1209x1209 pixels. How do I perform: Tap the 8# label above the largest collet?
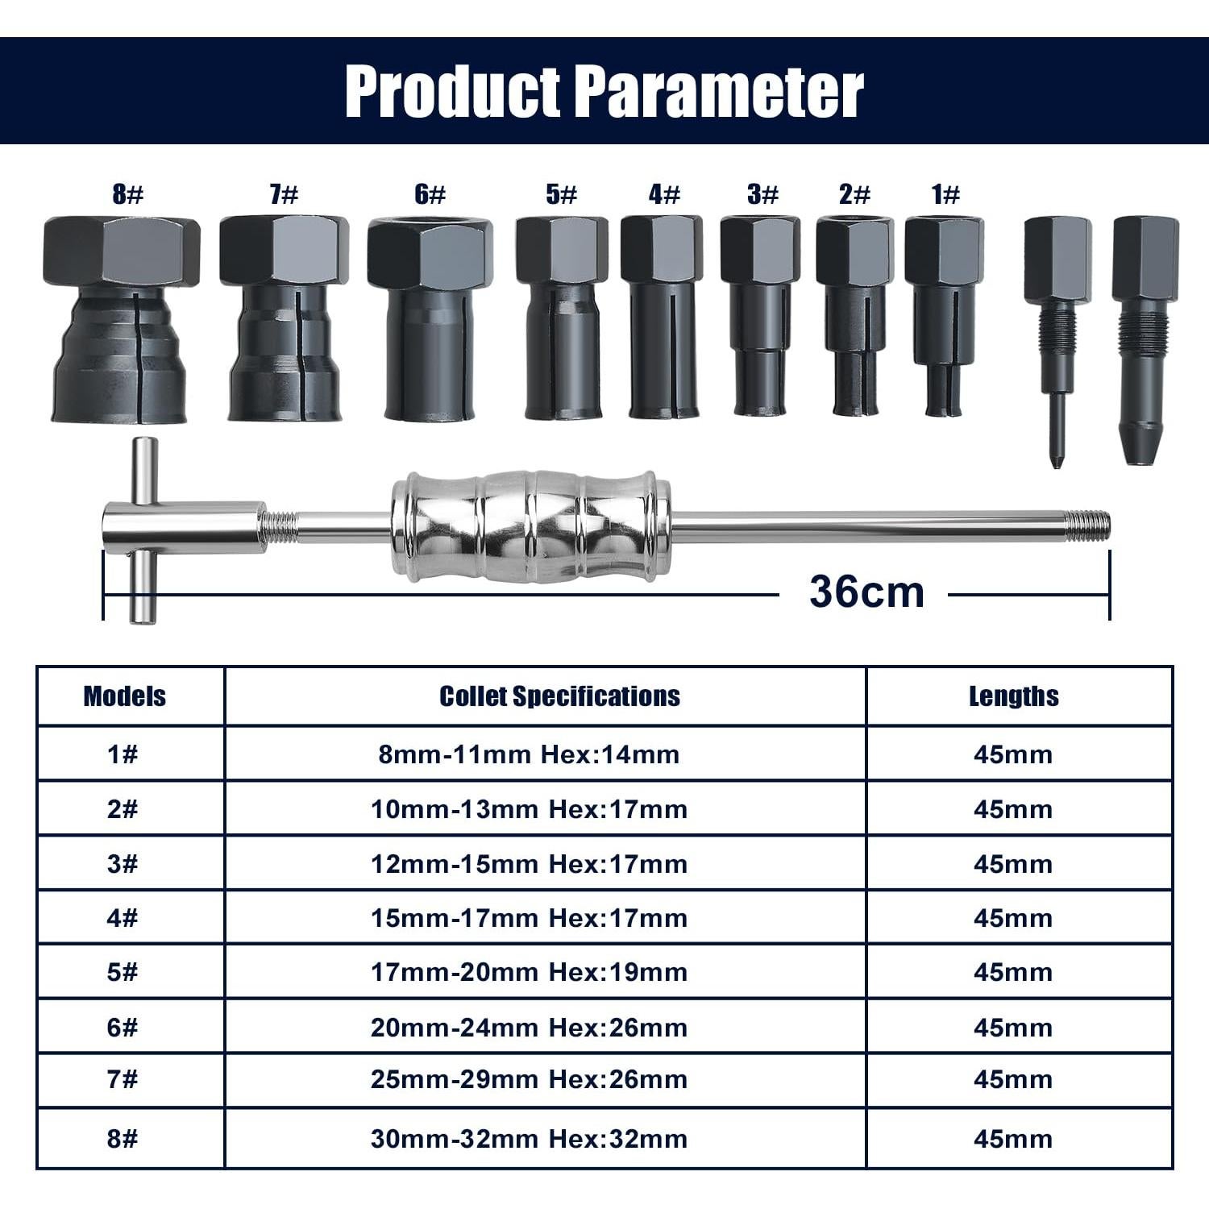127,194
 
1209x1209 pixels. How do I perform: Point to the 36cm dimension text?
866,592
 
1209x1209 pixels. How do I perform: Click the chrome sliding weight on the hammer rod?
530,528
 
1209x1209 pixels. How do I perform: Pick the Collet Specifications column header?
559,696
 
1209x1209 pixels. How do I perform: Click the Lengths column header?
1013,696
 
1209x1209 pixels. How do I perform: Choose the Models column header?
124,696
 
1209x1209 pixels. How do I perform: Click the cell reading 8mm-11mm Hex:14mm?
529,755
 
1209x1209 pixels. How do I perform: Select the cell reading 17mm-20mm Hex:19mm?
529,972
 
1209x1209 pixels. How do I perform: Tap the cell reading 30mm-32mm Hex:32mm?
529,1139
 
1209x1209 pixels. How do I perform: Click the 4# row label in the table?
123,918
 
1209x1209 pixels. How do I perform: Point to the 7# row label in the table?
123,1079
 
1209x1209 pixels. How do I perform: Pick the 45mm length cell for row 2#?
1013,809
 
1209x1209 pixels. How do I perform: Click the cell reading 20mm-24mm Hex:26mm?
529,1028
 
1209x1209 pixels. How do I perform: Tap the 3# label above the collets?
762,194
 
